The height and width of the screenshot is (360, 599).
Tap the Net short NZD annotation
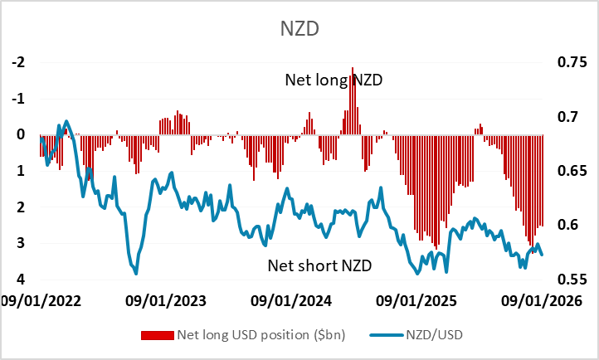(x=319, y=265)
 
